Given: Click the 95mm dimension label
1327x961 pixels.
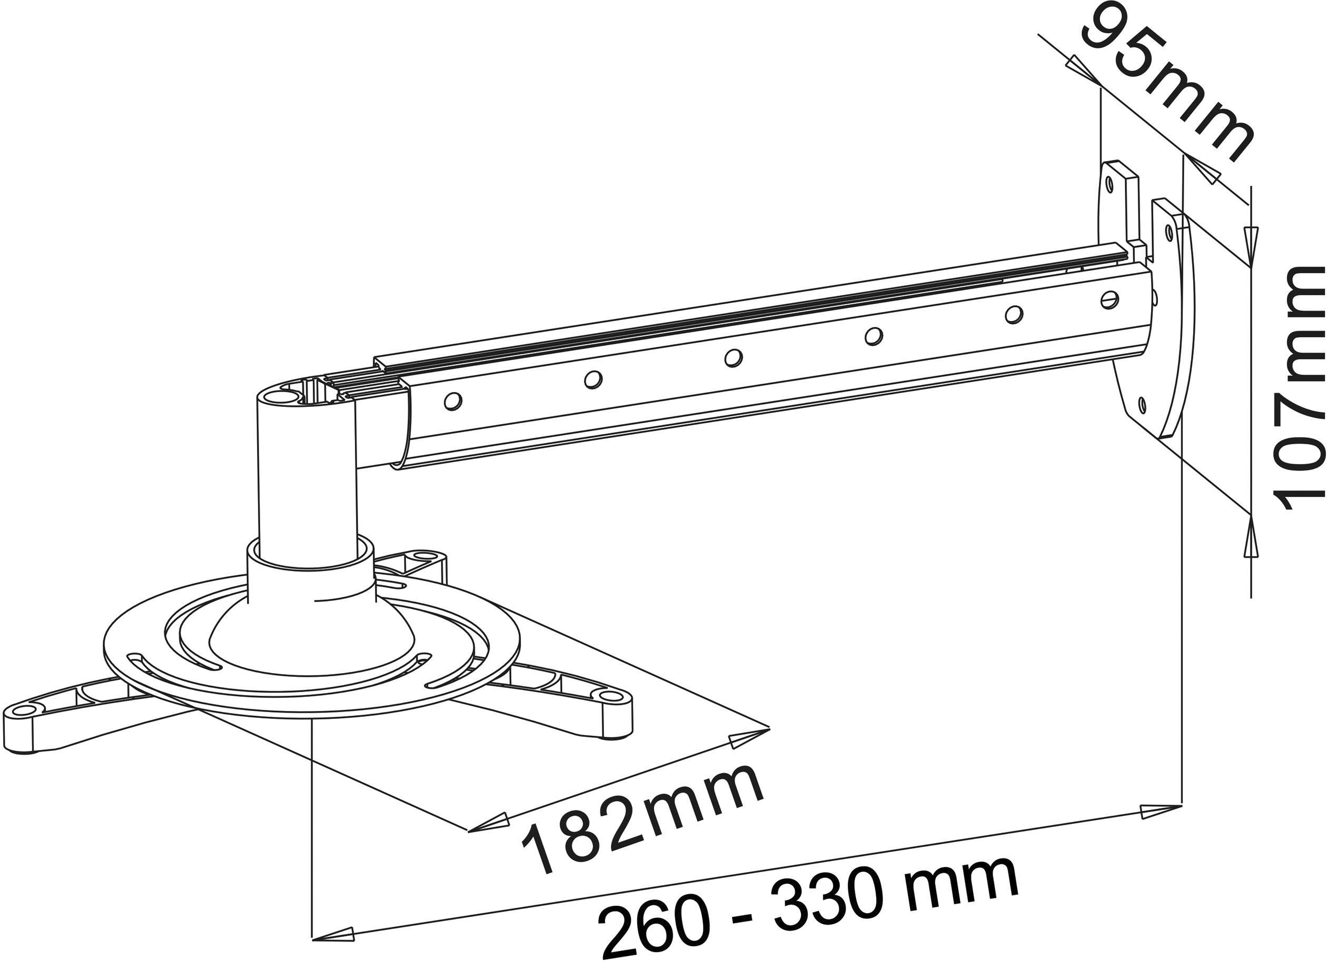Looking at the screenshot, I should pyautogui.click(x=1164, y=88).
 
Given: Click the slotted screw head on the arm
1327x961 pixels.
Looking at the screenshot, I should pyautogui.click(x=1110, y=300).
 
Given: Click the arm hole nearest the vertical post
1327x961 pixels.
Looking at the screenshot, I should pyautogui.click(x=453, y=401).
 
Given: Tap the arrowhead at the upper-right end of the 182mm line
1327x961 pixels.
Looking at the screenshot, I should pyautogui.click(x=749, y=737).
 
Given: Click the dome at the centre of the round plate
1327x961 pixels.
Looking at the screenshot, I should pyautogui.click(x=310, y=637).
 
